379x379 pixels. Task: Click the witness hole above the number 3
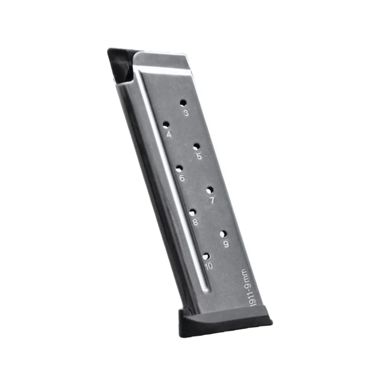tap(183, 104)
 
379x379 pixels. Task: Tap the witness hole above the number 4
tap(166, 125)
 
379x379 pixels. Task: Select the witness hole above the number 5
tap(197, 147)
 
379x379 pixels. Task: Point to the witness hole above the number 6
tap(179, 168)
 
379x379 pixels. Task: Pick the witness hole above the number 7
tap(210, 190)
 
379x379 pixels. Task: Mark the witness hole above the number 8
tap(193, 212)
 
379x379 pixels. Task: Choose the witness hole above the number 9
tap(223, 234)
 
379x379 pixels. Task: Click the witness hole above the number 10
tap(206, 256)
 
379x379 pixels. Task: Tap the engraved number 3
tap(186, 113)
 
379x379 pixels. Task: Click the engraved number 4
tap(169, 134)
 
